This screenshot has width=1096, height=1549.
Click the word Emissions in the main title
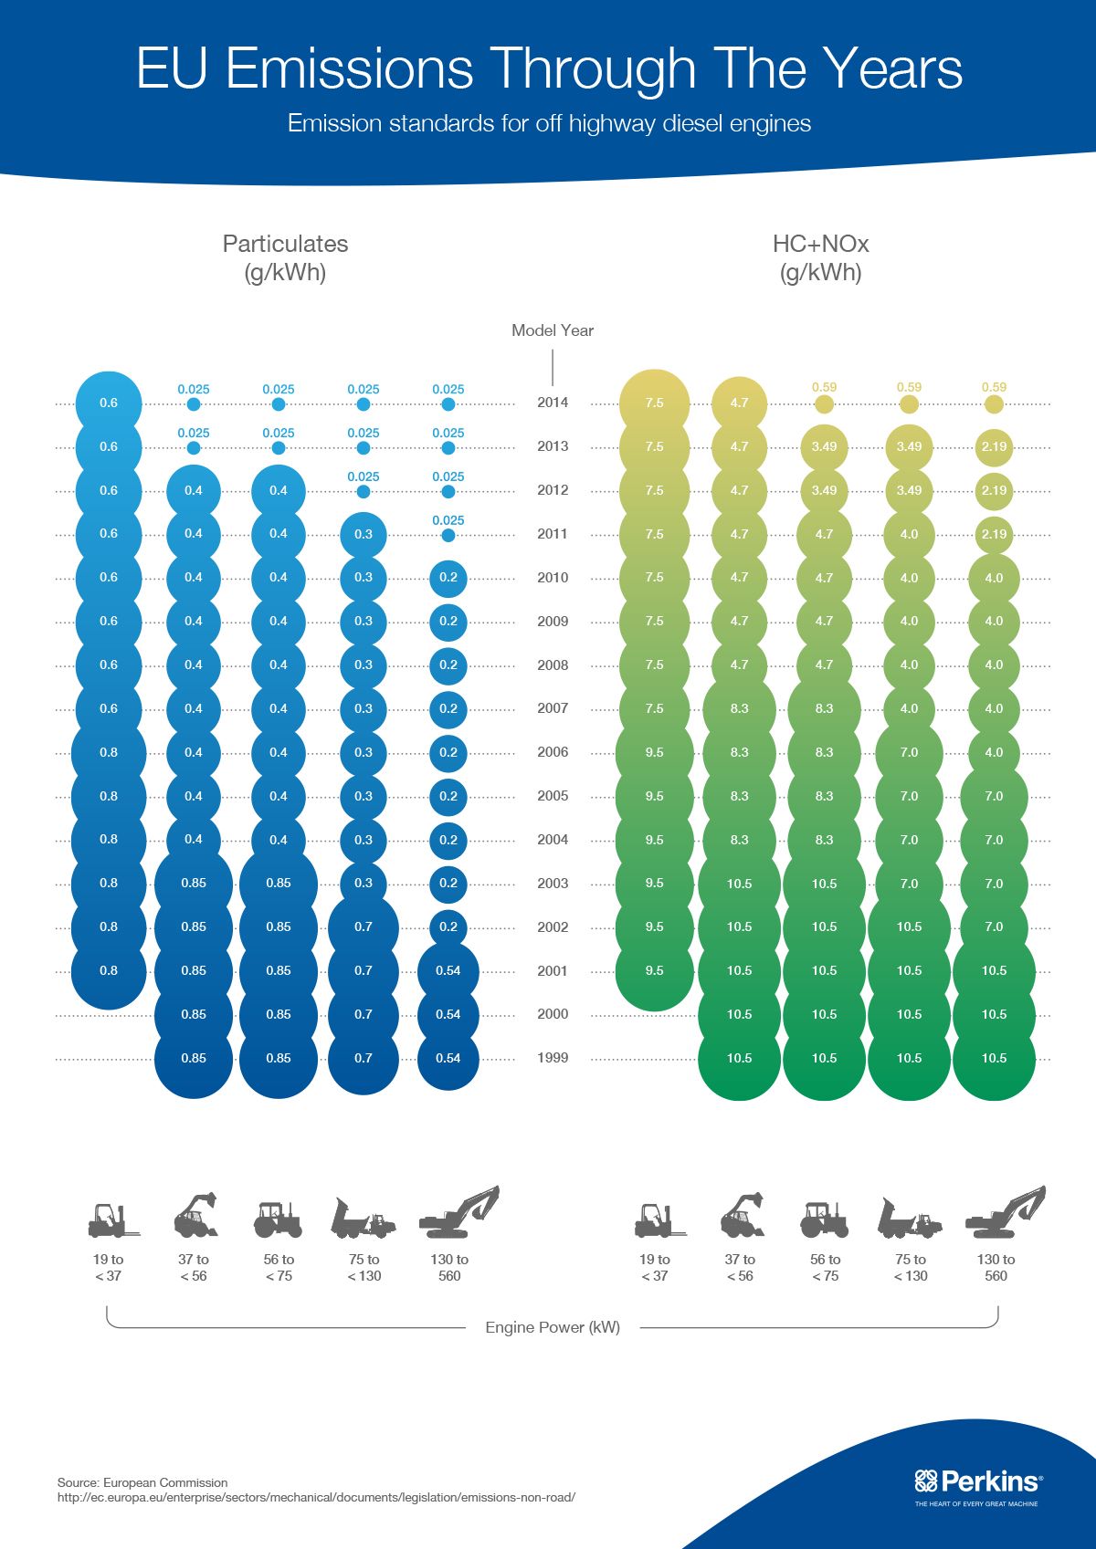coord(349,69)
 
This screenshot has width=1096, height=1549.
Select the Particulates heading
coord(285,244)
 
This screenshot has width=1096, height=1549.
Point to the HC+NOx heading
coord(820,244)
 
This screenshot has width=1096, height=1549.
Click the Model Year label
coord(552,330)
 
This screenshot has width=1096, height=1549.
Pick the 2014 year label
coord(552,403)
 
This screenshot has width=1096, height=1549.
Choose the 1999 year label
coord(552,1058)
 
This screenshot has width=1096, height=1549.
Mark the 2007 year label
coord(552,708)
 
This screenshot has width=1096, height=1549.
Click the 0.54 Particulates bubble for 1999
coord(448,1059)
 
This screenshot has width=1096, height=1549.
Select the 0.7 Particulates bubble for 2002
coord(364,927)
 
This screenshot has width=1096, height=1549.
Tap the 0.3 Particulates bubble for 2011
coord(364,534)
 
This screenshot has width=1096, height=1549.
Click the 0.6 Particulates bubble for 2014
coord(109,403)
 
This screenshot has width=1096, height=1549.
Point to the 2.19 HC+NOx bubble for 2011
coord(994,534)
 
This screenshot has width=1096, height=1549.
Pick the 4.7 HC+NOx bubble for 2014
coord(739,403)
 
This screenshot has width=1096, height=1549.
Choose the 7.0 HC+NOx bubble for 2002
coord(994,927)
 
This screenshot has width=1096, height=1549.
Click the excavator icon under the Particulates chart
coord(458,1213)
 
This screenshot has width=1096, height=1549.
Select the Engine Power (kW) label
coord(552,1327)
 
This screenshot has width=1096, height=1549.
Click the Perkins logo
coord(977,1481)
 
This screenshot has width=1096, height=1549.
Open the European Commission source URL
coord(316,1498)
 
